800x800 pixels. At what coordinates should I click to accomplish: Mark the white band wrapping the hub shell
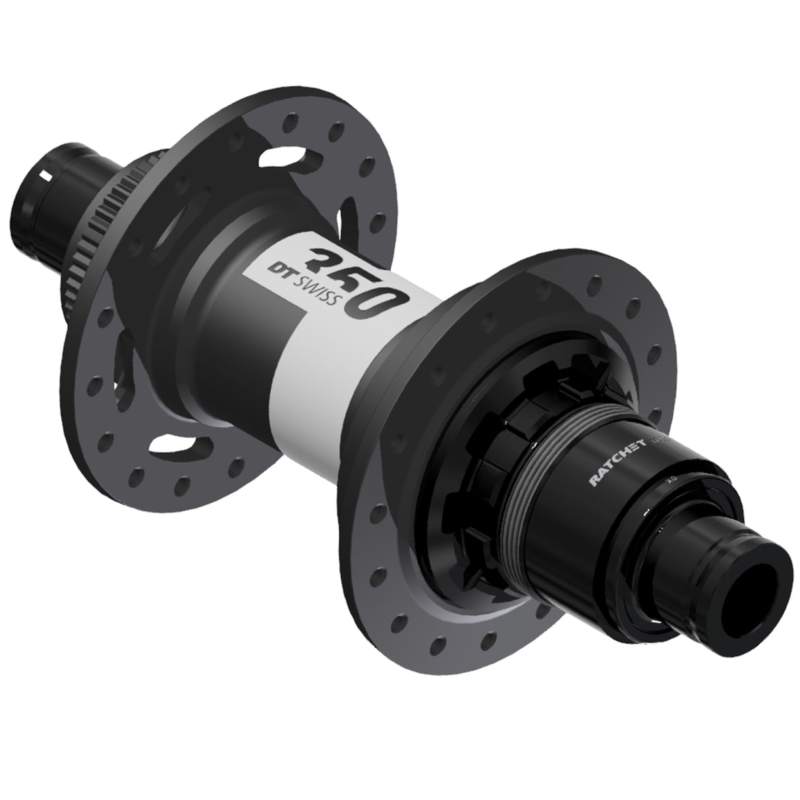[x=316, y=356]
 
